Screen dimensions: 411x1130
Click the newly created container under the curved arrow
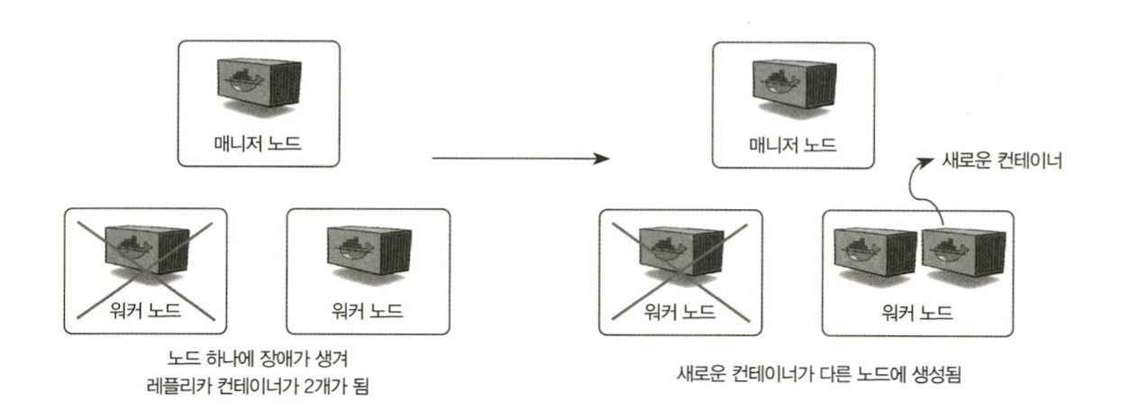click(x=952, y=254)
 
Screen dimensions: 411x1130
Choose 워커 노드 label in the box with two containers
click(x=917, y=311)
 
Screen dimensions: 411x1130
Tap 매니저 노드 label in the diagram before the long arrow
click(x=257, y=142)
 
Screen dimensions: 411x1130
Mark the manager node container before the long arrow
click(x=259, y=84)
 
